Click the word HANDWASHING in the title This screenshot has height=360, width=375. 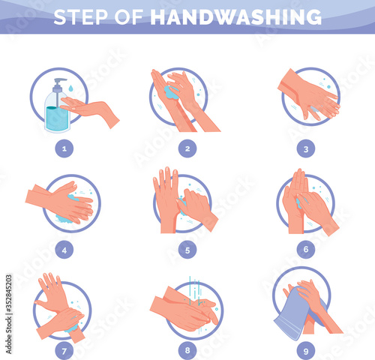(235, 17)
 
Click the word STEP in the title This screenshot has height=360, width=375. (80, 17)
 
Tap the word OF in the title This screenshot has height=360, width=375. (129, 17)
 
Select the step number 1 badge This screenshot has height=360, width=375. (64, 148)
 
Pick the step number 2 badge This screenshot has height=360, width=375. (187, 148)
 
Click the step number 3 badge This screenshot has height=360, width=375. (306, 149)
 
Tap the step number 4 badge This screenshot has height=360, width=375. (64, 250)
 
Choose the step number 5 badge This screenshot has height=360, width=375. (187, 250)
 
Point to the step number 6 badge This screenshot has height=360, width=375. (306, 249)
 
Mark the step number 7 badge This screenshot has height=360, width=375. (64, 351)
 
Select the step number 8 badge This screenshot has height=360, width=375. (187, 350)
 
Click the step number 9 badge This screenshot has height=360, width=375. (306, 351)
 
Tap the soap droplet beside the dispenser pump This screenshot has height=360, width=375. (70, 88)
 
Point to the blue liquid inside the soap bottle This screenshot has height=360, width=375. (57, 118)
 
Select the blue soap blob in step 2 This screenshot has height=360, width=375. (171, 92)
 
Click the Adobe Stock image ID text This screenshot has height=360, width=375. (9, 314)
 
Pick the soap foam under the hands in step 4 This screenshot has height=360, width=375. (64, 219)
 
